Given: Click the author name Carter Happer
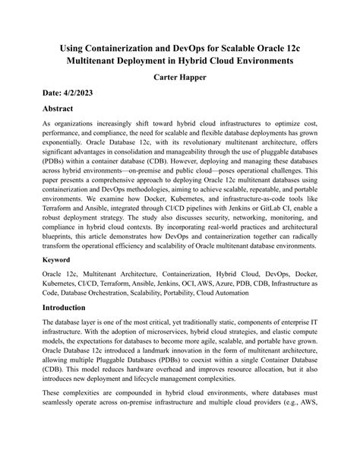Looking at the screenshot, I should click(x=180, y=78).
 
